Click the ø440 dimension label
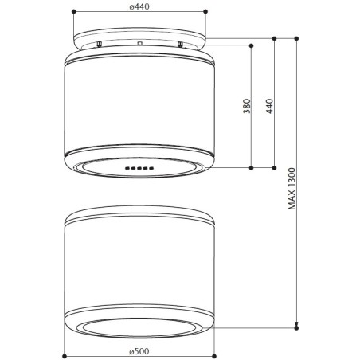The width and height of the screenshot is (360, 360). tap(139, 6)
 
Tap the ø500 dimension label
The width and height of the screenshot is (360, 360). tap(139, 351)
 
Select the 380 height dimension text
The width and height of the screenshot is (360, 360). tap(247, 106)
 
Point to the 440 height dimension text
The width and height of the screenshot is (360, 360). tap(269, 106)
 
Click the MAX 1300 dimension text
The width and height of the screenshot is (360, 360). tap(292, 189)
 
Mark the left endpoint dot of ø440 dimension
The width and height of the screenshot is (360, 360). tap(74, 11)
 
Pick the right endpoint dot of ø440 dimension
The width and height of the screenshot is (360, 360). tap(205, 11)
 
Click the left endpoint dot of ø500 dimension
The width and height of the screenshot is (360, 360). tap(65, 356)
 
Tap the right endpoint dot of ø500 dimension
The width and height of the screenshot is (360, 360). tap(214, 356)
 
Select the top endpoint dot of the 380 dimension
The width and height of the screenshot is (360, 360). tap(252, 45)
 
